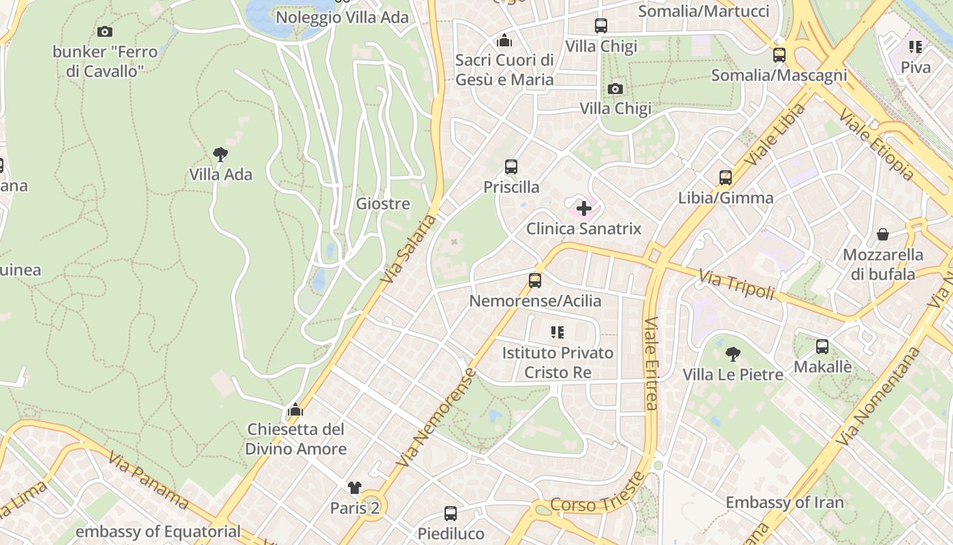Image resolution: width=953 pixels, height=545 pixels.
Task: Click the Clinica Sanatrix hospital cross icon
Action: (x=583, y=208)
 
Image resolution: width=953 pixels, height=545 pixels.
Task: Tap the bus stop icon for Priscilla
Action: (x=511, y=167)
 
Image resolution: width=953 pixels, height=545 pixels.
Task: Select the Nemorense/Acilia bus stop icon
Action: (x=535, y=280)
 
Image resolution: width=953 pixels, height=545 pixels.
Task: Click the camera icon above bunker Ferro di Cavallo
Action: (x=104, y=31)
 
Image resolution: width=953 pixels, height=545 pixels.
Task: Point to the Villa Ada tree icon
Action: (x=220, y=155)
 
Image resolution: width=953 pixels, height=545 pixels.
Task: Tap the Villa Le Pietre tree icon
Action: (x=732, y=354)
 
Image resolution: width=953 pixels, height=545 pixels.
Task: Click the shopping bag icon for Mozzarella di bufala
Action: (x=883, y=234)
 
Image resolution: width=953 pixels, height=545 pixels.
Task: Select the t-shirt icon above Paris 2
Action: (x=354, y=487)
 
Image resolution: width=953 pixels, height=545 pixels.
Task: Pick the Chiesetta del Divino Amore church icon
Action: (x=295, y=409)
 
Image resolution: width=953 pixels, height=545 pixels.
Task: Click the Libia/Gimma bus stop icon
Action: (x=726, y=178)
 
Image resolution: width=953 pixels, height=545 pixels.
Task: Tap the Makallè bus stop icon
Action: (x=822, y=346)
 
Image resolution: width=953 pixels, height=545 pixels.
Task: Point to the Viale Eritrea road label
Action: (x=651, y=363)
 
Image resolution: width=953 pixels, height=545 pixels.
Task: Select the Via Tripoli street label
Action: (x=737, y=284)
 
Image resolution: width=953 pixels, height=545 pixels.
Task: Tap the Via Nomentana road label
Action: (x=877, y=396)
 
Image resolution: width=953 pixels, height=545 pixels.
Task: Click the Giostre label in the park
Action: (x=383, y=203)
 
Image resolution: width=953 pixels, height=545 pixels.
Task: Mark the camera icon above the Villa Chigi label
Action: (x=615, y=89)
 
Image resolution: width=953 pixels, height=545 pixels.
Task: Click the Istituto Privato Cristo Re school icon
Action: (x=558, y=332)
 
